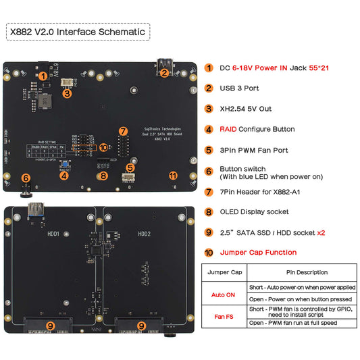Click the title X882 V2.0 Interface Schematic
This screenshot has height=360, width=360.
click(x=77, y=31)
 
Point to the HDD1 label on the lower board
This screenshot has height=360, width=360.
click(x=54, y=234)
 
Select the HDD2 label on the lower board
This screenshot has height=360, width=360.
click(x=145, y=234)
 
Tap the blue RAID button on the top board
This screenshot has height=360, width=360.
click(x=63, y=165)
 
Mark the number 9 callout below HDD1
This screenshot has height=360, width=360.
click(x=51, y=325)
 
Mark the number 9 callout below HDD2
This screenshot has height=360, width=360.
click(x=140, y=325)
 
